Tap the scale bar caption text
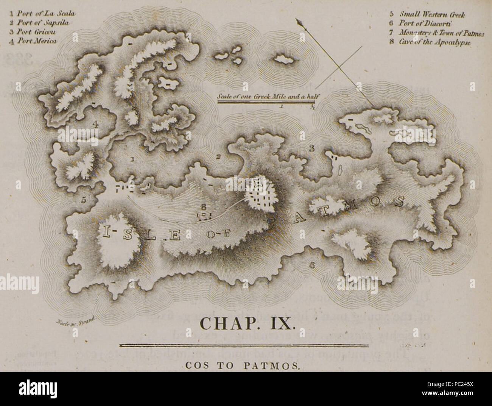pyautogui.click(x=266, y=97)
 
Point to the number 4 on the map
pyautogui.click(x=96, y=123)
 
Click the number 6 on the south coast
pyautogui.click(x=312, y=265)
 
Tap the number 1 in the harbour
pyautogui.click(x=132, y=159)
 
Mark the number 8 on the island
pyautogui.click(x=204, y=207)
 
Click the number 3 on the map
pyautogui.click(x=311, y=148)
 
